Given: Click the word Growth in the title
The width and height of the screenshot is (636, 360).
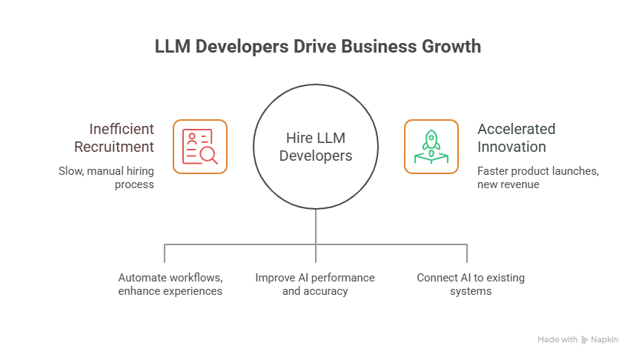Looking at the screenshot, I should point(444,46).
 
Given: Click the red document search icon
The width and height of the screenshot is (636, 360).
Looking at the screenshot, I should point(200,147).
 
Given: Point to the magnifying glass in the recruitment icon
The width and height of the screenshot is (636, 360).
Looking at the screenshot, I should point(209,155).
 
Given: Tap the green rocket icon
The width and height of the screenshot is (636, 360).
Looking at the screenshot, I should point(431,147).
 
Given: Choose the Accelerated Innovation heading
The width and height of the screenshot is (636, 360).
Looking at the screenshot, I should point(517,137).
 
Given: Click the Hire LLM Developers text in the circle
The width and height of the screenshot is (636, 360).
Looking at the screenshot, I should point(316,147).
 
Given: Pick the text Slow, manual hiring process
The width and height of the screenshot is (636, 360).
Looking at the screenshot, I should point(107,178).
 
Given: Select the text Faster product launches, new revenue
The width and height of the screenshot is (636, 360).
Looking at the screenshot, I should point(538,178).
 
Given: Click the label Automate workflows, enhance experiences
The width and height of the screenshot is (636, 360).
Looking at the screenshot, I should point(170,284).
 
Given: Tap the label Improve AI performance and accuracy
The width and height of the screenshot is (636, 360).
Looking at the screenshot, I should point(315,284).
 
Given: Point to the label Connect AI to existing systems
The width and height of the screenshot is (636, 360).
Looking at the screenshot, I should point(470,284).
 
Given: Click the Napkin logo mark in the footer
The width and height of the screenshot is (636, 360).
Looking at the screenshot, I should point(586,339).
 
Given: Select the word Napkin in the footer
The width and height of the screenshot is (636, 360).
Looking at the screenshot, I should point(605,339).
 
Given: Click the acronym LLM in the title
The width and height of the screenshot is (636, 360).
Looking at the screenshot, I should point(172,46).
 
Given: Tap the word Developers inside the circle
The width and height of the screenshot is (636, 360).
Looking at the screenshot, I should point(316,156).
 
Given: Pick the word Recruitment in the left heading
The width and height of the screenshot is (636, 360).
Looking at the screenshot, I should point(122,147).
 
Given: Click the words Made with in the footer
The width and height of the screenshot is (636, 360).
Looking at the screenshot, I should point(557,339).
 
